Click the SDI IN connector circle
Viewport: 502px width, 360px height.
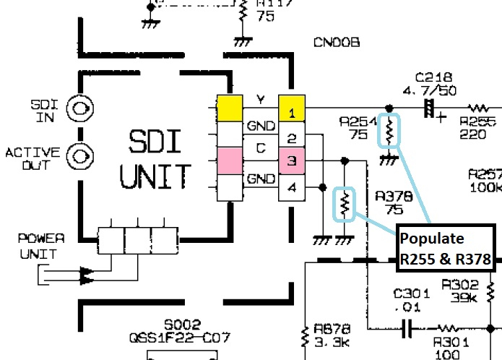tap(80, 109)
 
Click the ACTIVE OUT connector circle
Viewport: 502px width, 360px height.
tap(80, 154)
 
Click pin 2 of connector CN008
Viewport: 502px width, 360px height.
tap(292, 137)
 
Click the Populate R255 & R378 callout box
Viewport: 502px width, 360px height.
tap(445, 248)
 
